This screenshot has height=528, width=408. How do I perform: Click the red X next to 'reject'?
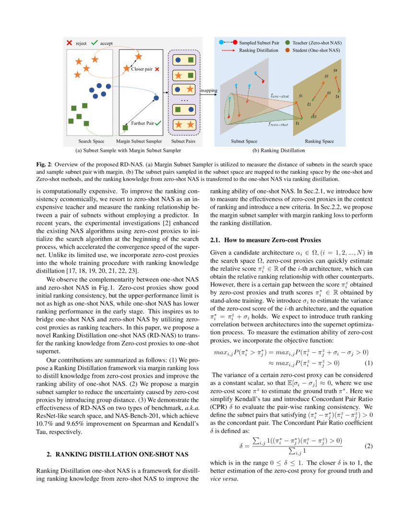point(69,43)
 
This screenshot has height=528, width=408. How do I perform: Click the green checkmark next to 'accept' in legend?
point(95,43)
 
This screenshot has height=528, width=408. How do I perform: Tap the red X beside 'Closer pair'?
point(157,69)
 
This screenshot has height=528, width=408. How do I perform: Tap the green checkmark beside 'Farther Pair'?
point(158,123)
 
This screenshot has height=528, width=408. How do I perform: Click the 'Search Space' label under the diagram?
point(91,142)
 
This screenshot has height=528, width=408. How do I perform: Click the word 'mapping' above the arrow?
point(208,90)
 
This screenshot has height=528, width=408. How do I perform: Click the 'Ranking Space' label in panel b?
point(319,142)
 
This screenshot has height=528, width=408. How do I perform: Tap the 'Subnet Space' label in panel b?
point(244,142)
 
